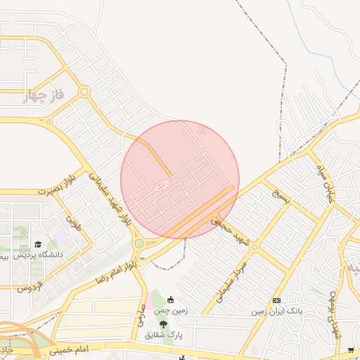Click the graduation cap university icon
(x=37, y=244)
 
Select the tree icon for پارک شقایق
(x=164, y=324)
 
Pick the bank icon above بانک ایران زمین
(x=276, y=300)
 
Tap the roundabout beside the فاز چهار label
(x=84, y=91)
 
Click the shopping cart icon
(x=350, y=349)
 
